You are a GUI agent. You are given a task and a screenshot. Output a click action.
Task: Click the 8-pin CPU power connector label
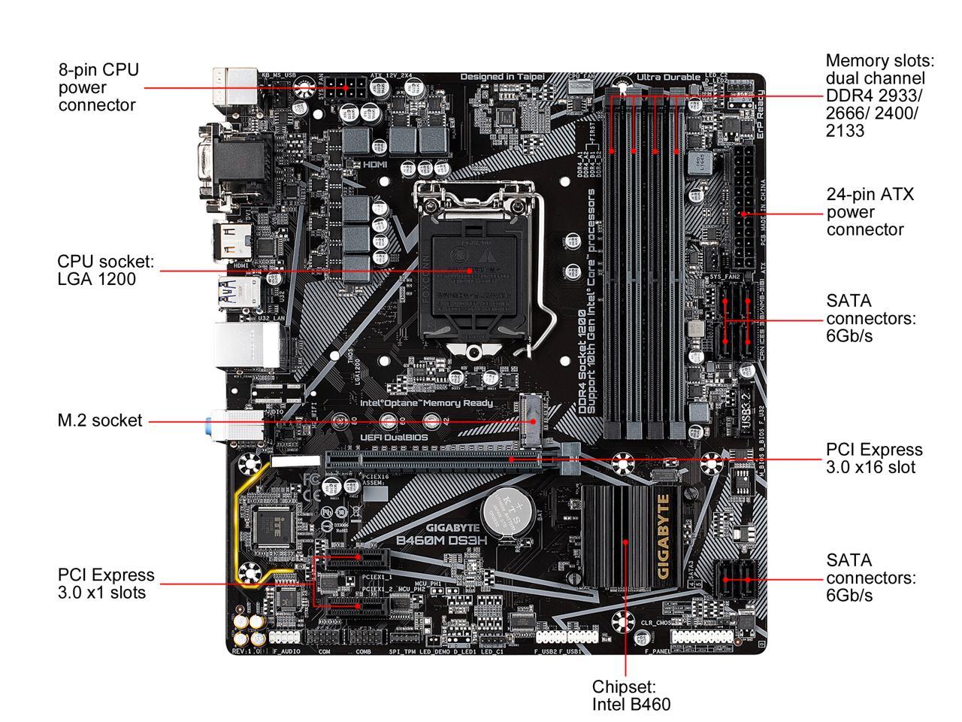click(x=98, y=87)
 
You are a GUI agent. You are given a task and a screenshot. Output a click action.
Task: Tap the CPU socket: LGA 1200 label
click(x=105, y=270)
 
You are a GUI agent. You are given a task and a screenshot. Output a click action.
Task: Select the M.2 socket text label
click(x=99, y=420)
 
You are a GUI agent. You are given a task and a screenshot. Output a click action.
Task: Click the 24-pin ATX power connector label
click(x=870, y=212)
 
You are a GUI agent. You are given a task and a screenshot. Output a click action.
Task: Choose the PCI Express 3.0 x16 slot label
click(x=874, y=458)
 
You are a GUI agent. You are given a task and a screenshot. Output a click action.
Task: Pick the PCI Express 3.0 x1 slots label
click(x=105, y=583)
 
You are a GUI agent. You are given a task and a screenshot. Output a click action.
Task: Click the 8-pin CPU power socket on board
click(x=348, y=86)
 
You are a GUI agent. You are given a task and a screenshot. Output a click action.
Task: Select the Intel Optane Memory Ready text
click(x=426, y=403)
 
